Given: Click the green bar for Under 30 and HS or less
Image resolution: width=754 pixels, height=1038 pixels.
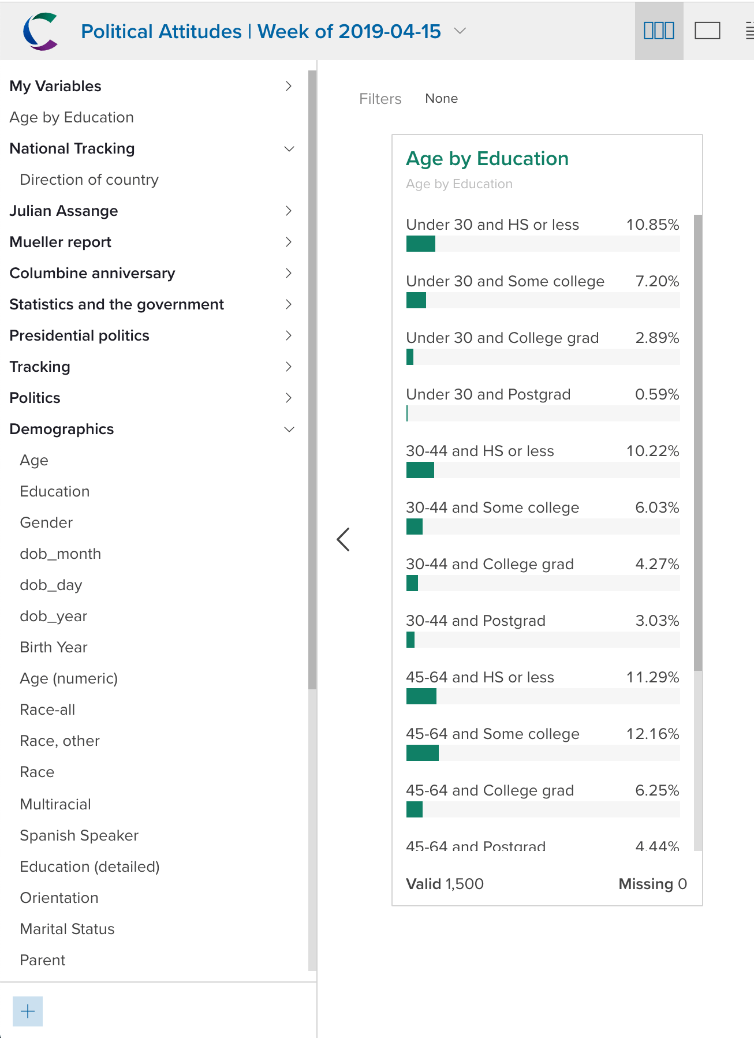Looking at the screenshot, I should (x=420, y=244).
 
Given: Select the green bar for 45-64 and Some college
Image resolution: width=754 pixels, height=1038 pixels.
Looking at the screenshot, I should (x=422, y=753).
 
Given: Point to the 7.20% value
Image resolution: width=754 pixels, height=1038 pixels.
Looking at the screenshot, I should (x=657, y=281).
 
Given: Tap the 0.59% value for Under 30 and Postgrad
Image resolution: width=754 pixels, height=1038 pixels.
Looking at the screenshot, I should (x=657, y=394).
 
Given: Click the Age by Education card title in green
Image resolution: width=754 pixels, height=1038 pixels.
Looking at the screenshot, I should (x=487, y=159).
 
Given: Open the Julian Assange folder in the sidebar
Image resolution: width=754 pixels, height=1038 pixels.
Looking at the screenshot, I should (x=64, y=211).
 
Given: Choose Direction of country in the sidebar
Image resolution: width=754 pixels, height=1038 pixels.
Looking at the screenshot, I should (x=89, y=180).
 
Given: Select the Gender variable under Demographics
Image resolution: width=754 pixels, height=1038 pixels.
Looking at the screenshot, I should (x=46, y=522).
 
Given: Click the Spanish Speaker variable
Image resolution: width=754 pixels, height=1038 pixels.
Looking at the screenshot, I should (x=79, y=835).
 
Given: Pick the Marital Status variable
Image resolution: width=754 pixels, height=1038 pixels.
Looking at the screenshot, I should (x=67, y=929).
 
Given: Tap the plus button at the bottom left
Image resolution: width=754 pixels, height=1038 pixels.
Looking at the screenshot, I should (x=28, y=1011).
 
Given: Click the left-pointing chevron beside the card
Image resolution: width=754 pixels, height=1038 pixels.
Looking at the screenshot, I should (x=343, y=539).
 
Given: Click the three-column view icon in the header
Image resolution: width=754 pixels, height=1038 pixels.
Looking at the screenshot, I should (x=659, y=31).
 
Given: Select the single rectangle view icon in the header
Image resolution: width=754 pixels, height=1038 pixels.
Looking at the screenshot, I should (x=707, y=31).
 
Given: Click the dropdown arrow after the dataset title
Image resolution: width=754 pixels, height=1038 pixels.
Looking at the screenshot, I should (x=460, y=31).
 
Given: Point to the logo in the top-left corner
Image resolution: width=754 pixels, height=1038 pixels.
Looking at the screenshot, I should (x=40, y=31).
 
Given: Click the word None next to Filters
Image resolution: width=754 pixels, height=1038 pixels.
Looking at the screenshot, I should (x=441, y=99).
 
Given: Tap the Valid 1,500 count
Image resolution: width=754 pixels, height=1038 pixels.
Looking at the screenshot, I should (x=445, y=884).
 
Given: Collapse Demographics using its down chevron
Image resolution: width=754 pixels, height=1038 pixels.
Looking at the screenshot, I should (x=289, y=429).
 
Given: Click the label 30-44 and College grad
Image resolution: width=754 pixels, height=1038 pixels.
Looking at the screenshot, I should (x=490, y=564).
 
